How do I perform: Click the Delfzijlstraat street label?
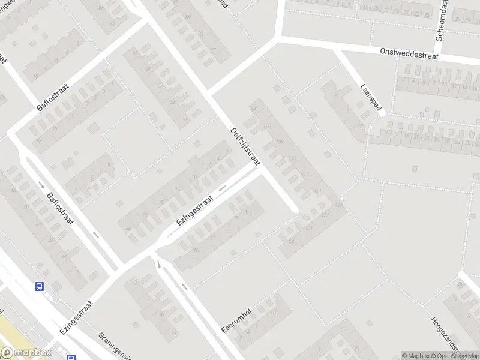(246, 151)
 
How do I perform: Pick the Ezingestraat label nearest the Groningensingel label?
(78, 317)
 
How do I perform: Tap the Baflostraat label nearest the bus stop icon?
(59, 208)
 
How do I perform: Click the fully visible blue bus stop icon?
(40, 287)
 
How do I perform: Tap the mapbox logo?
(25, 353)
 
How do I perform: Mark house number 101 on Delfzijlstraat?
(254, 109)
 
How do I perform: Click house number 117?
(305, 175)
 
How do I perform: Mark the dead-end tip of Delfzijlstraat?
(295, 210)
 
